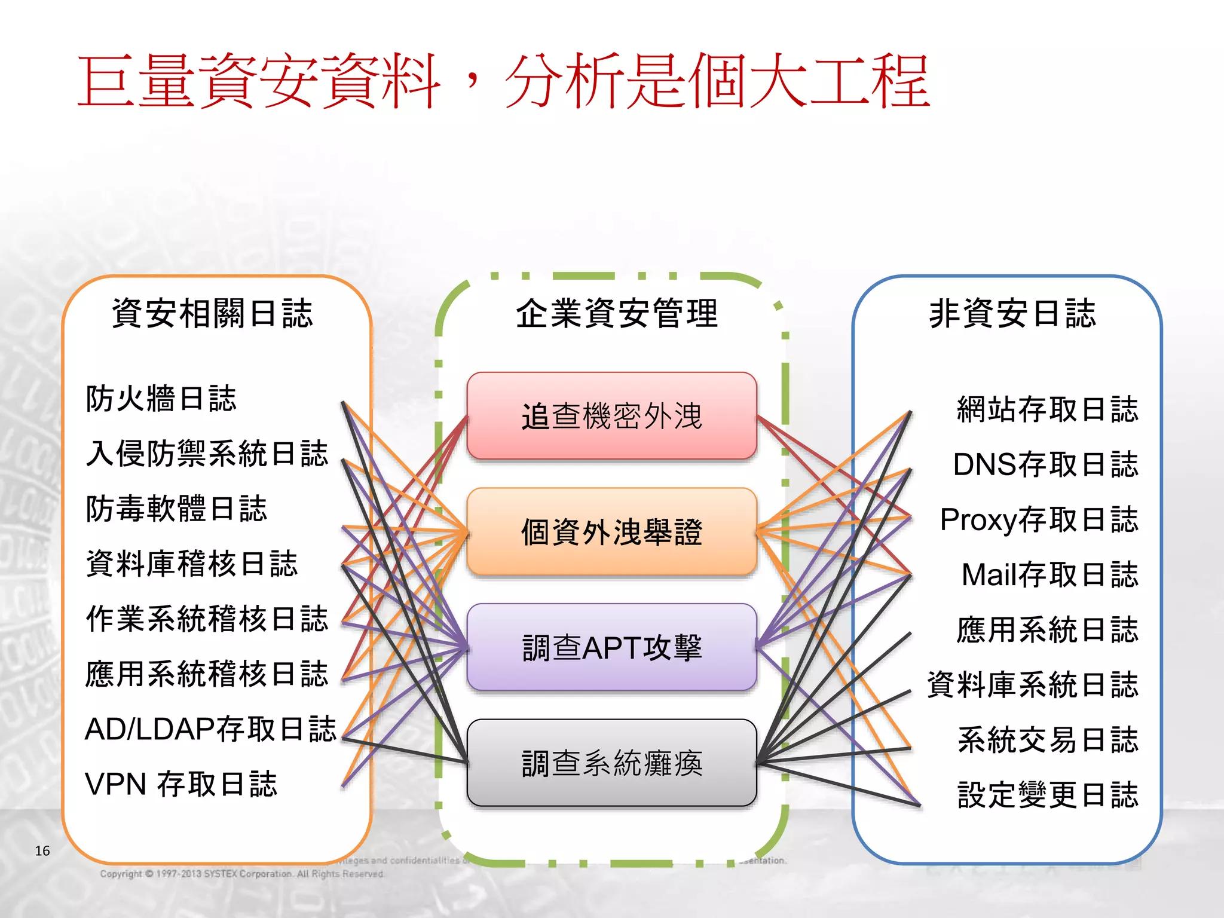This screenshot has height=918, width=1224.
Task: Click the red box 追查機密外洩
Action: coord(611,416)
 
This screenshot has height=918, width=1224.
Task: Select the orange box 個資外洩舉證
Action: coord(611,531)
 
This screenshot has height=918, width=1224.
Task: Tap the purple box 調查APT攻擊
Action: coord(611,647)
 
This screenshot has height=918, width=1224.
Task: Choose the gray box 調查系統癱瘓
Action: coord(611,763)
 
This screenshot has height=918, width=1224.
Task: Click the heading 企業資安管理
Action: coord(616,313)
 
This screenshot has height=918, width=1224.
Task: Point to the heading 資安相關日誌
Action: coord(212,313)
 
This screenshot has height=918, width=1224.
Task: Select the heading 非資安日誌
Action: coord(1012,313)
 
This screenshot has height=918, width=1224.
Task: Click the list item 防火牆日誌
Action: coord(161,399)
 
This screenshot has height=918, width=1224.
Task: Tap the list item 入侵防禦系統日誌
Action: coord(207,454)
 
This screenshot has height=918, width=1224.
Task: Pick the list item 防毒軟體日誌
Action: coord(176,509)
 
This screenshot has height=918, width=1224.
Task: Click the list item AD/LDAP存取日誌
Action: coord(210,729)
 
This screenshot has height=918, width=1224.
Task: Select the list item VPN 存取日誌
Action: coord(181,784)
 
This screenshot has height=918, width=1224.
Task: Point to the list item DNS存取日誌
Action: coord(1045,464)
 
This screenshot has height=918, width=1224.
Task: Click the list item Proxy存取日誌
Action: coord(1039,519)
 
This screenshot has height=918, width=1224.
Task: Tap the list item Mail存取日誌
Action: coord(1049,574)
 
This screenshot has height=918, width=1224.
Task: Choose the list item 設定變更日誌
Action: coord(1048,795)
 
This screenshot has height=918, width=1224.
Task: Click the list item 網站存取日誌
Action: coord(1048,409)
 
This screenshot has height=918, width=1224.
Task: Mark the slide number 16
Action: coord(42,850)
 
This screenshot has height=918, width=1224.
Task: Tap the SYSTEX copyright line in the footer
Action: coord(242,874)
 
